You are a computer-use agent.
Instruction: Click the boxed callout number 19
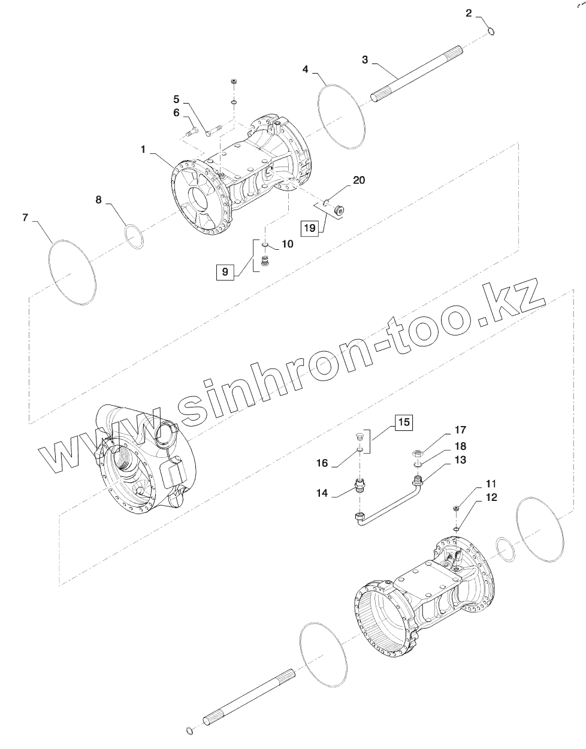pos(309,228)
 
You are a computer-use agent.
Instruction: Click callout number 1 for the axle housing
pos(144,149)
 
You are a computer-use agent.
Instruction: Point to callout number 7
pos(25,218)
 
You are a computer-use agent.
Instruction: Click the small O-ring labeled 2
pos(490,31)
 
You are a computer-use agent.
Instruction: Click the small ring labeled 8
pos(135,235)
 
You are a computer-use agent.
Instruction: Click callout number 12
pos(491,497)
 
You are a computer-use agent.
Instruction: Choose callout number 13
pos(460,460)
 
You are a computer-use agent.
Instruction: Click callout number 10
pos(288,244)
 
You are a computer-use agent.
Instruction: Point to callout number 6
pos(176,112)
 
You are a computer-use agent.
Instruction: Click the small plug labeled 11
pos(457,508)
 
